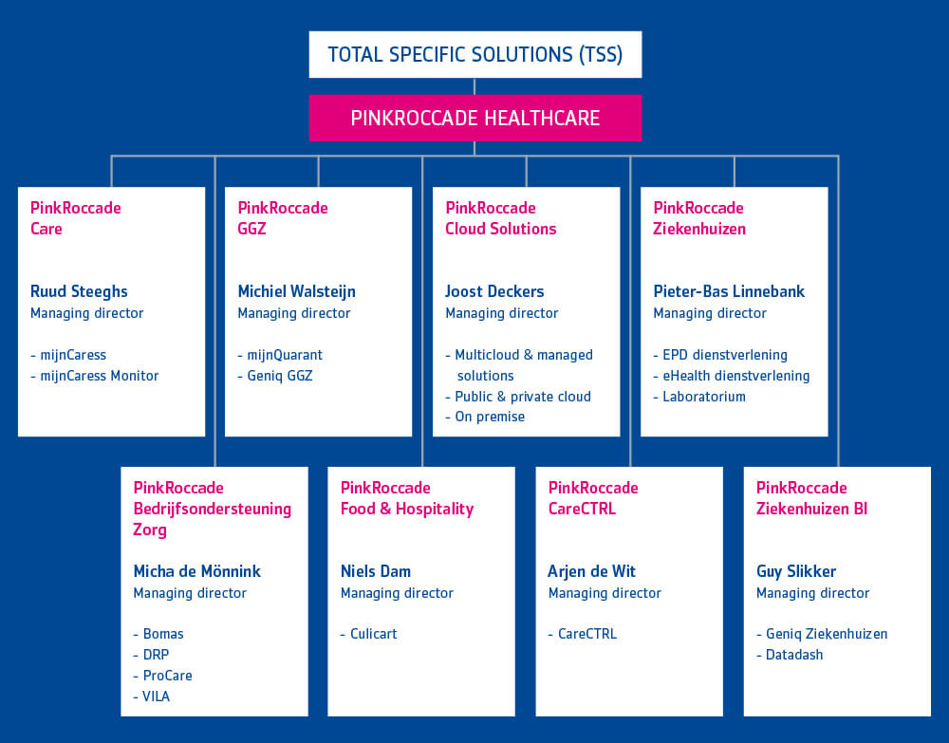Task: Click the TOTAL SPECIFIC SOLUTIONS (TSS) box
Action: pos(475,54)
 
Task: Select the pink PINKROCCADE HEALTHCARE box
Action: pos(475,118)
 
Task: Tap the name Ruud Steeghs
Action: pos(79,291)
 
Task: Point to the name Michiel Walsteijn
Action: pos(296,291)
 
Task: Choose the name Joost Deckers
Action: pos(494,291)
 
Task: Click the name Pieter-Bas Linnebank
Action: pos(729,291)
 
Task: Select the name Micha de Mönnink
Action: pos(196,571)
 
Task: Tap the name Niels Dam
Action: pos(375,571)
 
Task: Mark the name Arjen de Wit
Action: pos(592,571)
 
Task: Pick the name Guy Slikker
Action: pos(796,571)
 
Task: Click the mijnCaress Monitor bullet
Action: pos(94,376)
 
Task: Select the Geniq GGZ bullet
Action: pos(275,376)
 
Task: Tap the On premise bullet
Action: pos(485,417)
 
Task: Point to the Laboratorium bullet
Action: pos(699,397)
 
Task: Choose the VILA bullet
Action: pos(151,697)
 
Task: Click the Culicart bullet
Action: pos(368,634)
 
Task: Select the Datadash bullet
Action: pos(790,655)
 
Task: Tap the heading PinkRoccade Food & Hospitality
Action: pos(407,498)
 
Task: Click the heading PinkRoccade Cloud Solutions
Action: pos(500,218)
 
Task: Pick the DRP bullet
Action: pos(151,655)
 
